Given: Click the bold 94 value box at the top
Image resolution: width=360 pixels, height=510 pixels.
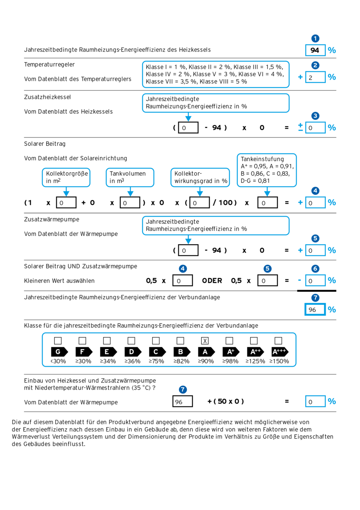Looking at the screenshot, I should click(315, 50).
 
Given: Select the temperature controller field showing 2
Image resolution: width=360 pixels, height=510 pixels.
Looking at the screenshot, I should click(315, 77).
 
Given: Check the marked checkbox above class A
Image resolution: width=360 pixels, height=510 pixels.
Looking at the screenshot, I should click(205, 341).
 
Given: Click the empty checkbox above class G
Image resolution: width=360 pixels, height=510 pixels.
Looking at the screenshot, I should click(58, 341).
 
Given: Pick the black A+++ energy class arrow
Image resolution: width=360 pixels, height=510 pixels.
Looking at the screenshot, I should click(280, 352).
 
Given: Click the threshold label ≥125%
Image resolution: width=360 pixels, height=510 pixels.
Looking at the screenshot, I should click(254, 361).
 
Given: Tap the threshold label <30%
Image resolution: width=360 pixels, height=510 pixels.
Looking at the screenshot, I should click(58, 361).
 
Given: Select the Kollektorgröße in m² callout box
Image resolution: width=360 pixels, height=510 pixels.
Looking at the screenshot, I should click(66, 177).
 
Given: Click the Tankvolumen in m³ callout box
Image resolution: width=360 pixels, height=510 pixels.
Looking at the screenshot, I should click(130, 177).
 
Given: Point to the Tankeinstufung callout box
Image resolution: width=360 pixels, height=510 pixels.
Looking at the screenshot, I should click(267, 170).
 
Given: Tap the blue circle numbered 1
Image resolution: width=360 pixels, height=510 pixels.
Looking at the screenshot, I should click(315, 39).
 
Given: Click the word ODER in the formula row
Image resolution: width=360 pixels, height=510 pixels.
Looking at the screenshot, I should click(212, 280).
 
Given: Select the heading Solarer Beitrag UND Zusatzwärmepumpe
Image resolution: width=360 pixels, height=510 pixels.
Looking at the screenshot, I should click(81, 266).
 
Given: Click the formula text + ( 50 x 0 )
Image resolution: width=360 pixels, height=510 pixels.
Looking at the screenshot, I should click(225, 401).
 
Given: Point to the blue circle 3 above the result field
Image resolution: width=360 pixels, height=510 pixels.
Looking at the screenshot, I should click(315, 116).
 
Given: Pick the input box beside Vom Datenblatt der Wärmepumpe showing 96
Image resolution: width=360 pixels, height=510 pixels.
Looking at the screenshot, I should click(183, 402).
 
